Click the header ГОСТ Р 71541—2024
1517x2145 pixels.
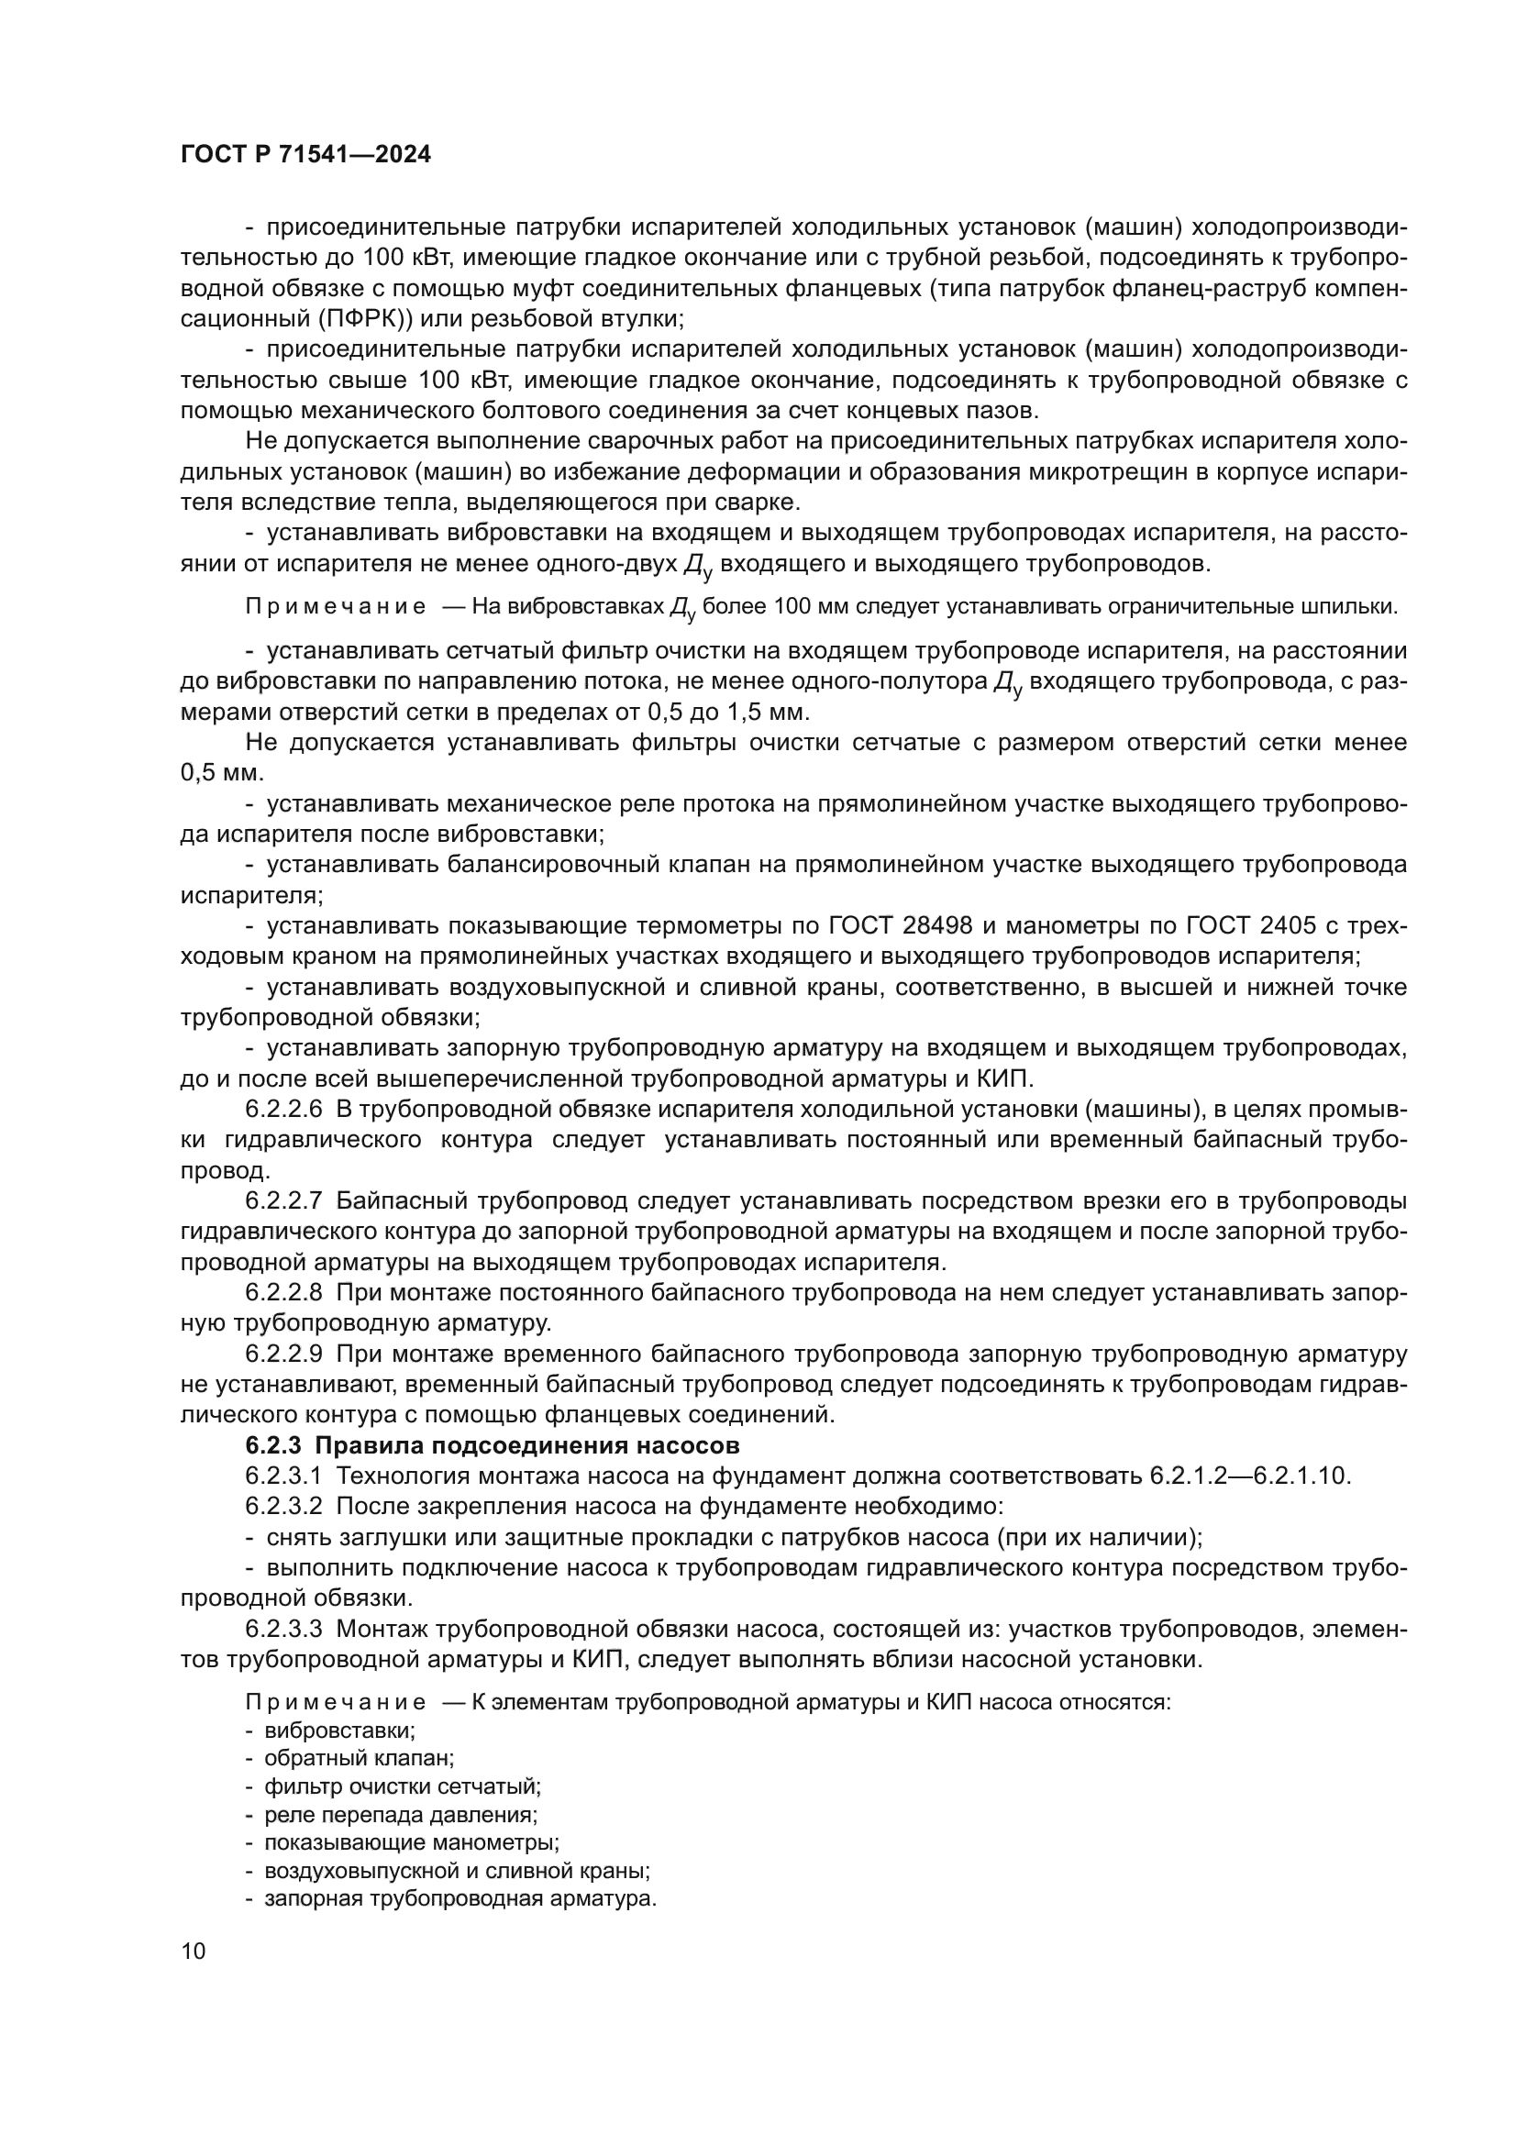(x=305, y=155)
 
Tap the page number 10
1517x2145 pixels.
(x=194, y=1951)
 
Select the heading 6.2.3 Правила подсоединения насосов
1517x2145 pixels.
(x=493, y=1445)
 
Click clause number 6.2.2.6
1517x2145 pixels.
(x=284, y=1109)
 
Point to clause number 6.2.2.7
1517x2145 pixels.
(x=284, y=1200)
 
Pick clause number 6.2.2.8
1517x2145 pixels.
(x=284, y=1292)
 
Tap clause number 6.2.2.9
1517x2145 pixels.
(x=284, y=1354)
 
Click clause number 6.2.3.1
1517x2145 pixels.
(x=284, y=1476)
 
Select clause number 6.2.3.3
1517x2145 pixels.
(x=284, y=1629)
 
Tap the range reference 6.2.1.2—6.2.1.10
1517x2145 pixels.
(x=1247, y=1476)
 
